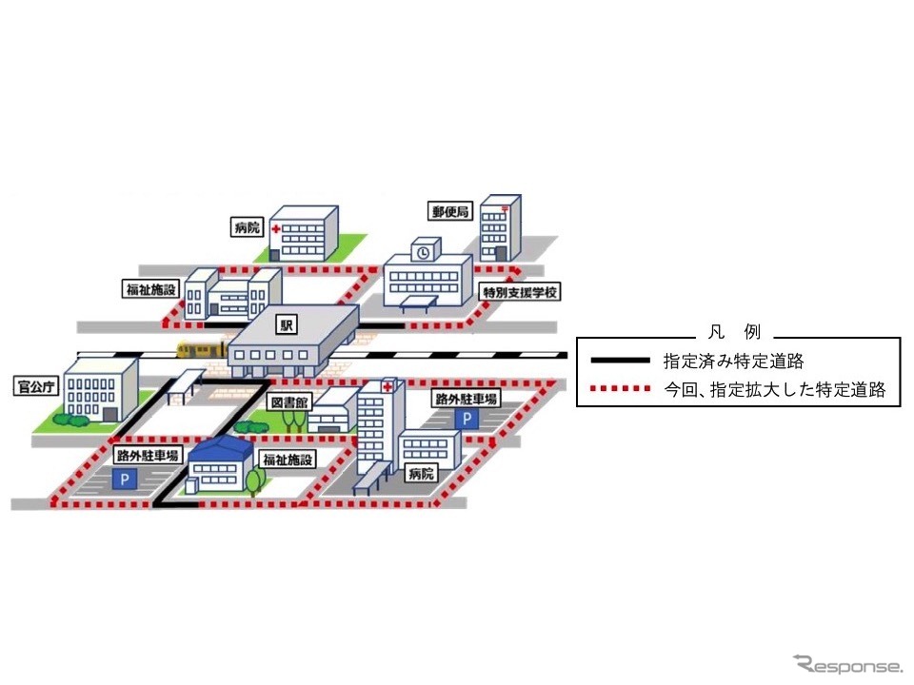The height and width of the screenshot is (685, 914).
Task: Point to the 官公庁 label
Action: click(x=35, y=387)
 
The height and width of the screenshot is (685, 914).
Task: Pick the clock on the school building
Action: click(x=423, y=252)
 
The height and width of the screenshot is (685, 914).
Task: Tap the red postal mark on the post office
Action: click(x=505, y=204)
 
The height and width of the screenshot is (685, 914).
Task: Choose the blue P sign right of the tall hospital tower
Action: click(x=467, y=419)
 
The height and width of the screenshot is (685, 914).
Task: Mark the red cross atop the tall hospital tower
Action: click(x=388, y=386)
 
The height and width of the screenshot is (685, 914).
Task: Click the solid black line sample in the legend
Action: click(x=621, y=362)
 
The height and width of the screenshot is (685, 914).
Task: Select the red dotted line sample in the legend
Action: click(x=621, y=389)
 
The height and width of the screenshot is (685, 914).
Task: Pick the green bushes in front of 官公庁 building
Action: click(x=71, y=419)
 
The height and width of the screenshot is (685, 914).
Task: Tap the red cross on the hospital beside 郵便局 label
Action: click(x=276, y=230)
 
